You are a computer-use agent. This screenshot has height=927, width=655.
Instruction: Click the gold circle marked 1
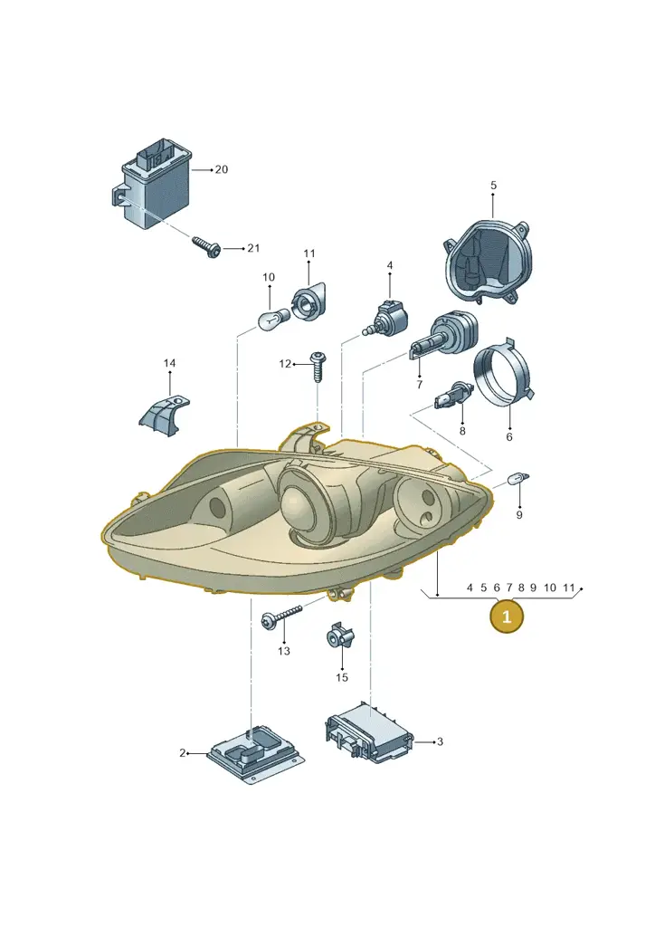(x=506, y=616)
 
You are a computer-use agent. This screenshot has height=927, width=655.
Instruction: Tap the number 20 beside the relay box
(x=221, y=169)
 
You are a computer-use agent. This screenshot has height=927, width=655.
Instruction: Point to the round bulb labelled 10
(x=273, y=319)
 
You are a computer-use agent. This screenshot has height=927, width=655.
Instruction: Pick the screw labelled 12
(x=318, y=367)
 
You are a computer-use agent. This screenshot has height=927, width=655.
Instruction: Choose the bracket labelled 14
(x=163, y=416)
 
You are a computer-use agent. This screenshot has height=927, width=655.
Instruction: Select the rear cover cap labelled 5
(x=488, y=262)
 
